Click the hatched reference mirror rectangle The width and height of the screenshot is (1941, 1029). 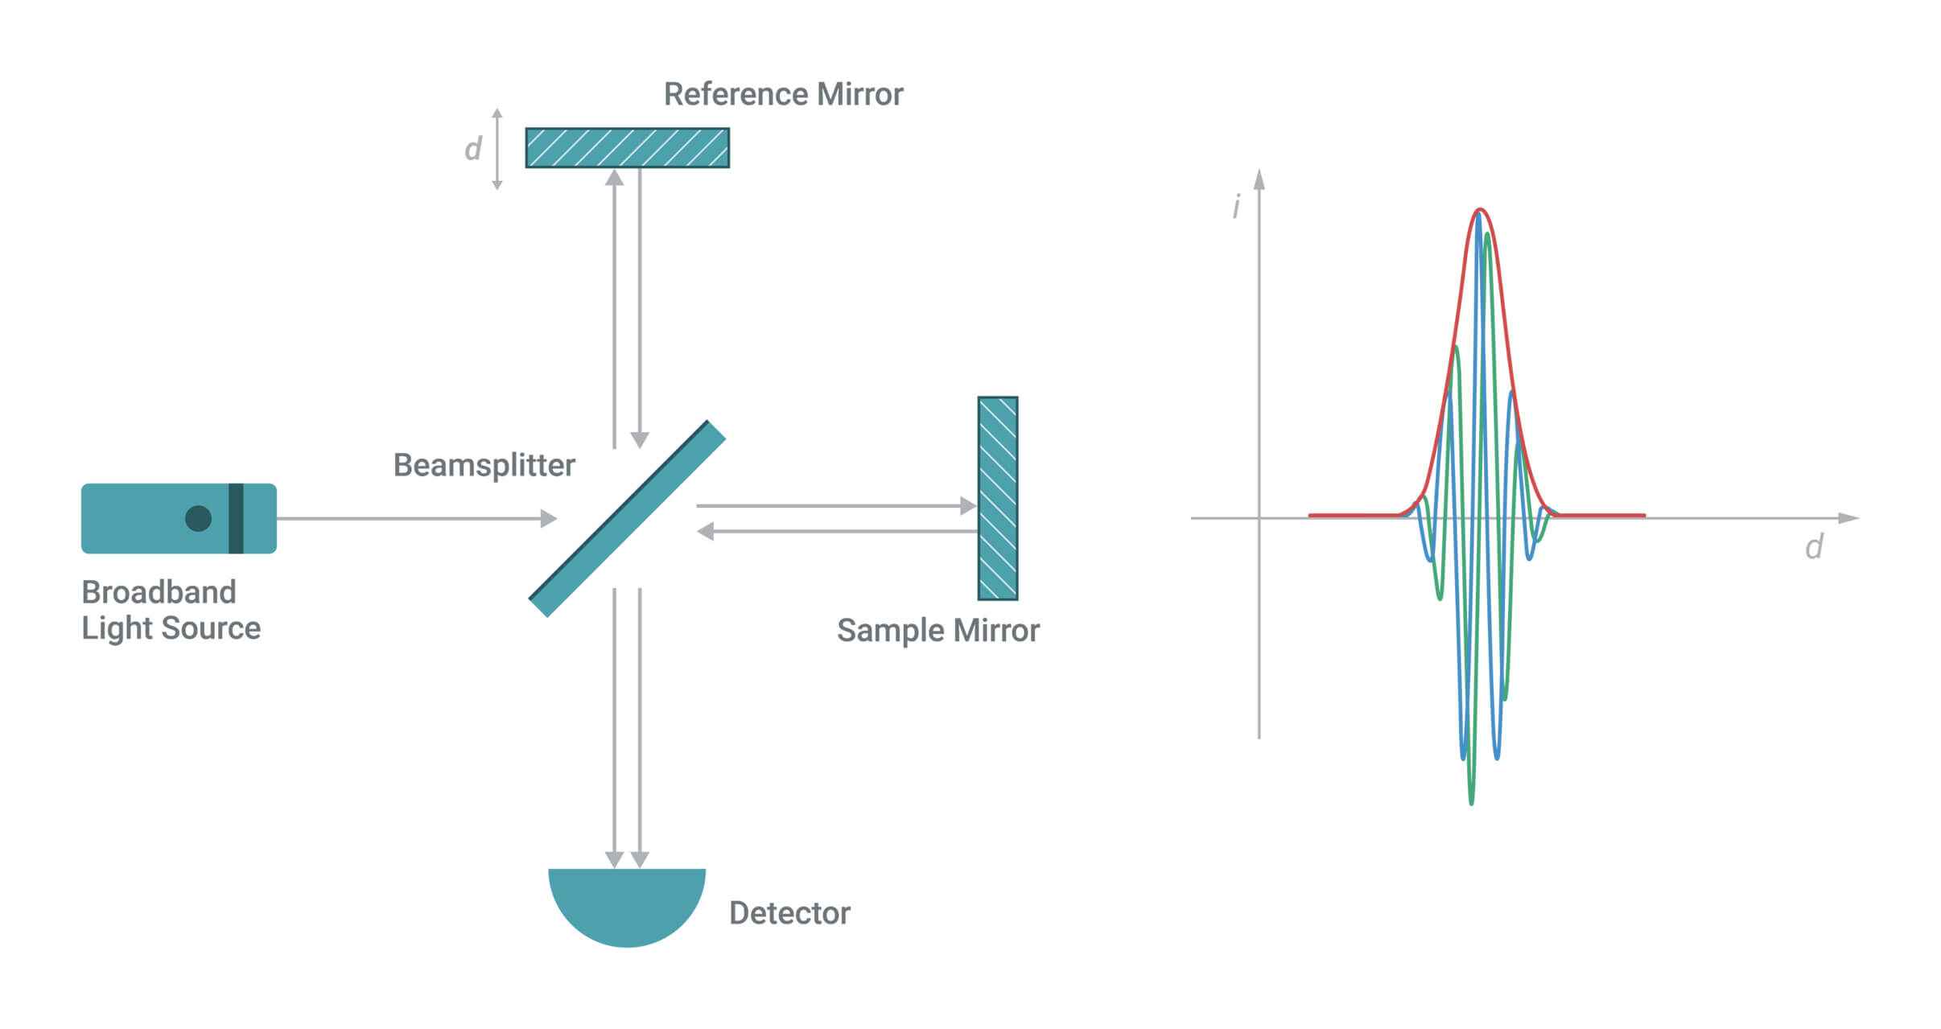pyautogui.click(x=628, y=148)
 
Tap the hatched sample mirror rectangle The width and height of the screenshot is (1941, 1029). pyautogui.click(x=998, y=498)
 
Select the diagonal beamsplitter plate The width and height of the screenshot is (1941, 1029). pyautogui.click(x=627, y=519)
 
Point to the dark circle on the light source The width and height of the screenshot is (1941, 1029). pyautogui.click(x=198, y=519)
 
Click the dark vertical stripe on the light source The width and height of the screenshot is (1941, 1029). pyautogui.click(x=236, y=518)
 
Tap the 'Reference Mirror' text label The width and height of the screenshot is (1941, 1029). pyautogui.click(x=783, y=94)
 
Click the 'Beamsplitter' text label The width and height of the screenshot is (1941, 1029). pyautogui.click(x=484, y=465)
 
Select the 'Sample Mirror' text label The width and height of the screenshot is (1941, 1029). pyautogui.click(x=938, y=630)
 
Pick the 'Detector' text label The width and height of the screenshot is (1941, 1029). pyautogui.click(x=789, y=913)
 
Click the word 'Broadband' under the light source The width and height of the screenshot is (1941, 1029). pyautogui.click(x=159, y=592)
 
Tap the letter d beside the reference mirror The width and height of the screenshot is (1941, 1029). pyautogui.click(x=473, y=148)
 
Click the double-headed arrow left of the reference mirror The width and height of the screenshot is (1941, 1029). pyautogui.click(x=497, y=149)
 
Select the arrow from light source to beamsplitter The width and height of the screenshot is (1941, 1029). pyautogui.click(x=417, y=518)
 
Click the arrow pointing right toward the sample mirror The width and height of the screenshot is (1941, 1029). pyautogui.click(x=837, y=506)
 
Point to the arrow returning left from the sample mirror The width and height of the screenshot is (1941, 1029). pyautogui.click(x=837, y=531)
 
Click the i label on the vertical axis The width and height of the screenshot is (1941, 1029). pyautogui.click(x=1237, y=206)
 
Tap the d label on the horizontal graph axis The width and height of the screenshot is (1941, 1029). pyautogui.click(x=1814, y=547)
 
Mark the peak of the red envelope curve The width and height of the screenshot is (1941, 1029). pyautogui.click(x=1480, y=210)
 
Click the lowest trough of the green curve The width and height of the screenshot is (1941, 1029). pyautogui.click(x=1472, y=803)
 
